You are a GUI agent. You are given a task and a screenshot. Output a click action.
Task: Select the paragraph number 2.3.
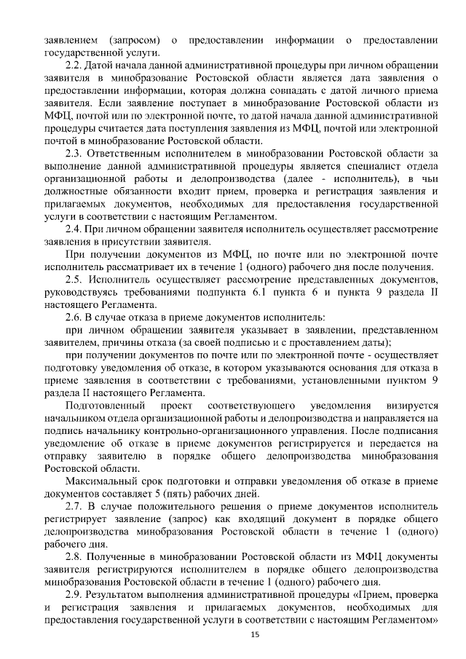coord(74,154)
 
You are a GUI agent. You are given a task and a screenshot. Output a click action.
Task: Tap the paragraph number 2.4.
coord(74,229)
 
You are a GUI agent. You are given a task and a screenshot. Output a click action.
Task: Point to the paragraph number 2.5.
coord(74,280)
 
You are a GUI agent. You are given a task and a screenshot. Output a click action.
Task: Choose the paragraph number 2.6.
coord(74,317)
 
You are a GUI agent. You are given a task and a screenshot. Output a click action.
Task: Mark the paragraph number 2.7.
coord(74,506)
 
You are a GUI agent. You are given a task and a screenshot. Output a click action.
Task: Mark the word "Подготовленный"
coord(103,405)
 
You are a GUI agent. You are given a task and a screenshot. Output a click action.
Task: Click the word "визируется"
coord(409,405)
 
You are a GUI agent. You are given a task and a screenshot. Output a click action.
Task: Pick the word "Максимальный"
coord(99,481)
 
